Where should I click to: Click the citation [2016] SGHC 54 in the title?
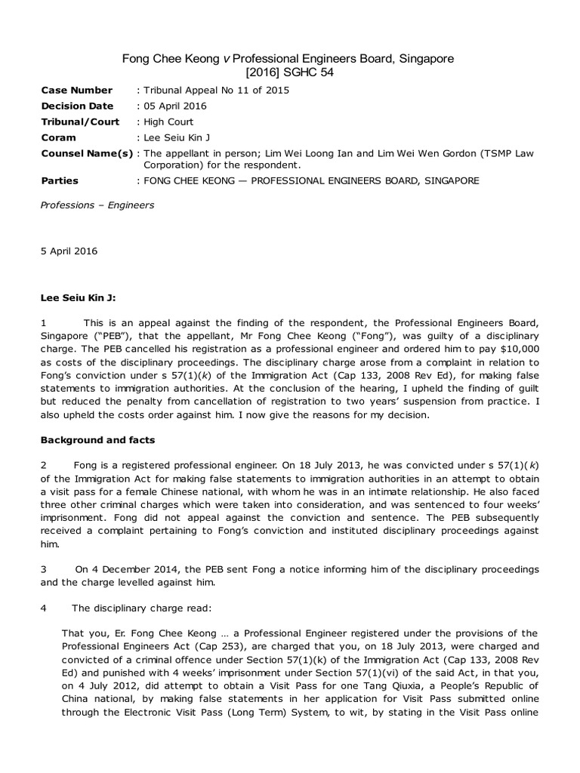click(289, 72)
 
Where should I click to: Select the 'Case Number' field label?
click(76, 90)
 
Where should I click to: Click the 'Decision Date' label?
click(77, 106)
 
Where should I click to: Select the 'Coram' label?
click(58, 137)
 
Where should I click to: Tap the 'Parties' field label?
click(60, 180)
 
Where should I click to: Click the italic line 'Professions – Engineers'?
click(97, 205)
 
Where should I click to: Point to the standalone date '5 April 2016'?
click(69, 251)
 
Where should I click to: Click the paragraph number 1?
click(44, 322)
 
